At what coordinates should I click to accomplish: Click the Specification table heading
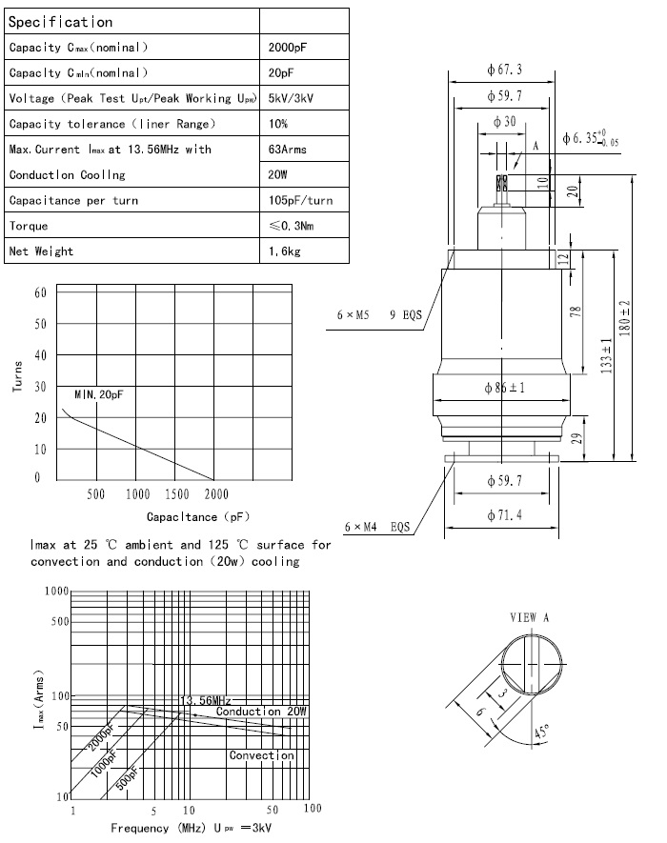point(61,21)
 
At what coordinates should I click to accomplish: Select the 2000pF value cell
point(291,47)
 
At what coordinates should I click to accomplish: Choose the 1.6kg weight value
point(287,251)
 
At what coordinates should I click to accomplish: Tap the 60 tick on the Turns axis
point(40,292)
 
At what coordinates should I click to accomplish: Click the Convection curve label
point(261,755)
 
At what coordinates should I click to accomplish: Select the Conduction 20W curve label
point(261,712)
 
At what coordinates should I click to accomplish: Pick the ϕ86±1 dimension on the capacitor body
point(505,389)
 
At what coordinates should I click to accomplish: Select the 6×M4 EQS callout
point(377,526)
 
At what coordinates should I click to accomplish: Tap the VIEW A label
point(530,616)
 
